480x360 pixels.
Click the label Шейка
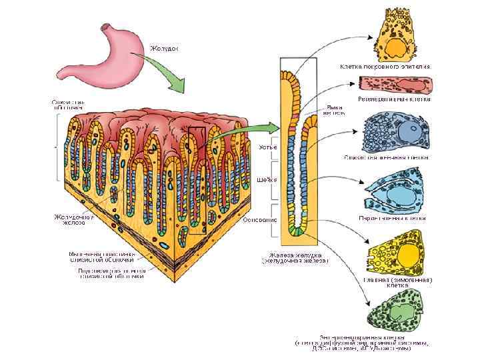[265, 180]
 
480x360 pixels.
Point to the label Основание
[260, 219]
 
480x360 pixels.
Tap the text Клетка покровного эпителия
[385, 67]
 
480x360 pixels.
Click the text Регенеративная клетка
[394, 99]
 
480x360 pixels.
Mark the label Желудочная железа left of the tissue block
[73, 220]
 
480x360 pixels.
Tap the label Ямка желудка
[334, 110]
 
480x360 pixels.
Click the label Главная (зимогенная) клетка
[398, 281]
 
